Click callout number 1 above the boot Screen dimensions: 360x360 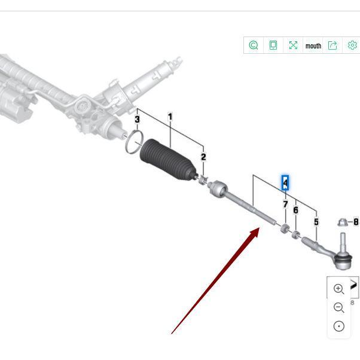point(170,117)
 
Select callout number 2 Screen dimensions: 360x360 point(203,157)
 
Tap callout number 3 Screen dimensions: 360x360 point(137,119)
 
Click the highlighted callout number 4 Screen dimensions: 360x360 point(285,183)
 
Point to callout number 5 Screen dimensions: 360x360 point(316,222)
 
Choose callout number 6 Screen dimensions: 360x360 point(295,210)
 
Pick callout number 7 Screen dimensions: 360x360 point(285,204)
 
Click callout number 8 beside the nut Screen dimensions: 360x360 point(356,222)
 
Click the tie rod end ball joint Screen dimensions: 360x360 point(343,260)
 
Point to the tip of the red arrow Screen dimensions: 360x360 point(260,227)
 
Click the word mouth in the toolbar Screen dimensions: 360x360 point(313,45)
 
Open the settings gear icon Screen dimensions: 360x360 point(352,45)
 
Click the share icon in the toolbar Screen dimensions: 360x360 point(332,45)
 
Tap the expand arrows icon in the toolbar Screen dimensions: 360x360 point(293,45)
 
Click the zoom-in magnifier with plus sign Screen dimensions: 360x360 point(338,289)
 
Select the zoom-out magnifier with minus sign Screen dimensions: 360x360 point(338,307)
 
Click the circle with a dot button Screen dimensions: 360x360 point(339,326)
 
